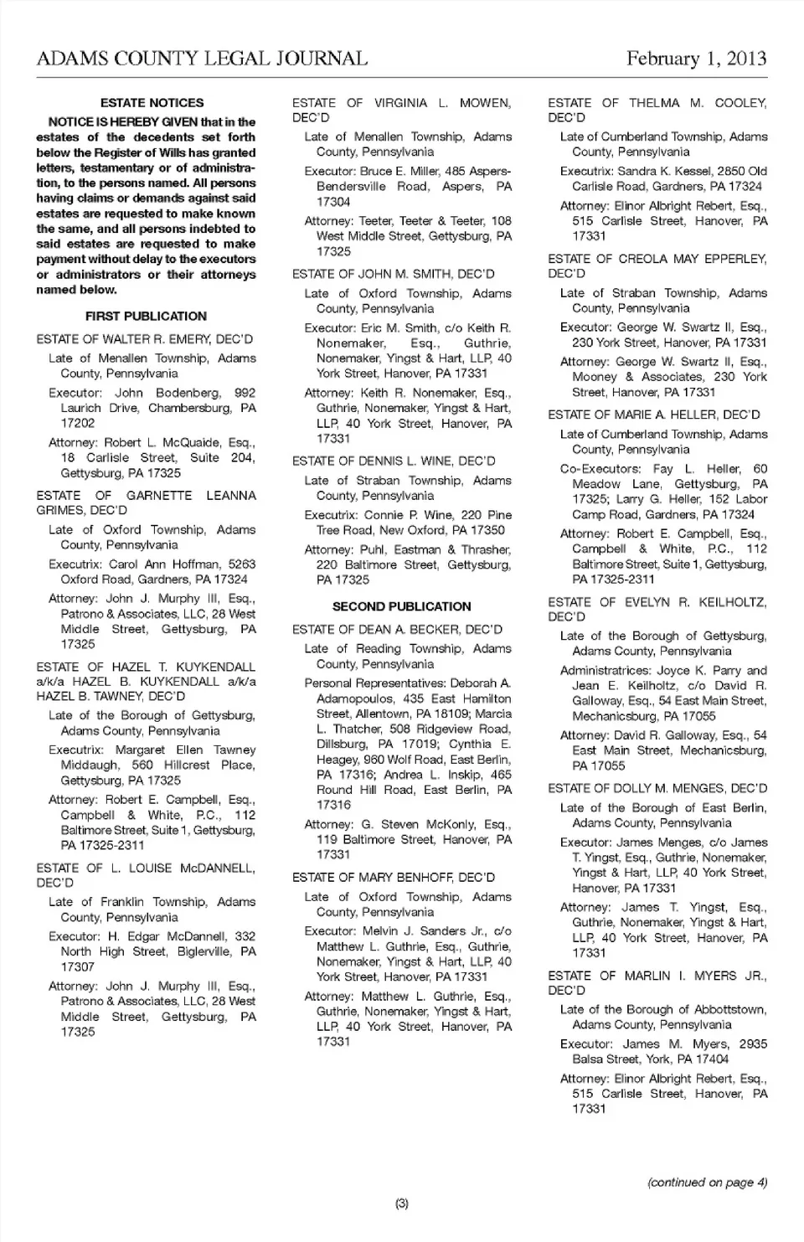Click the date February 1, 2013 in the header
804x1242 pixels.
696,59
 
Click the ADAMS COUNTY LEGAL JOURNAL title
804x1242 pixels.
202,59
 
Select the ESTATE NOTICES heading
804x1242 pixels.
152,103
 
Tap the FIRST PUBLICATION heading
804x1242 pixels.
146,317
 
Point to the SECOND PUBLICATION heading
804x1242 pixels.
401,606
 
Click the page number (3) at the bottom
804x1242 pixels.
402,1203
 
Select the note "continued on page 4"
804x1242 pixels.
707,1183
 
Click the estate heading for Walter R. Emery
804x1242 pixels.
144,339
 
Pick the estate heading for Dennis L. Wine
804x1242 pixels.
394,461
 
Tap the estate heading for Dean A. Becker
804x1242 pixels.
397,630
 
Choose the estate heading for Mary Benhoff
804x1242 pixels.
394,878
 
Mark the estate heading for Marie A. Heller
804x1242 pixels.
654,415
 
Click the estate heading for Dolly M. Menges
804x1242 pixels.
657,789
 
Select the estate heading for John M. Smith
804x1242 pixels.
394,274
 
